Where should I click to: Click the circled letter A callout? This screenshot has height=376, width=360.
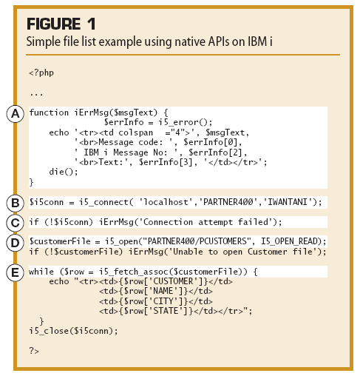click(15, 114)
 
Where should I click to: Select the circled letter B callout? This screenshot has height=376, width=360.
click(15, 203)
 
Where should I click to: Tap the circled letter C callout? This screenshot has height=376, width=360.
click(15, 223)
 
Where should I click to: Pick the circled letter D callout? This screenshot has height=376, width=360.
click(15, 243)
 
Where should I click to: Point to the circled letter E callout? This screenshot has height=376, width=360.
click(15, 272)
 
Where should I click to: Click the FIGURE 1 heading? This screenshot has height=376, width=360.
click(61, 24)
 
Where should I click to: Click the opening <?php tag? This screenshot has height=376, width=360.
click(41, 73)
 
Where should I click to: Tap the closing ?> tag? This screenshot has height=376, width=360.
click(34, 350)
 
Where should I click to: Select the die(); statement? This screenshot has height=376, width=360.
click(64, 172)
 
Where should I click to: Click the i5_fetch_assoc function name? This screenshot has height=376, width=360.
click(134, 272)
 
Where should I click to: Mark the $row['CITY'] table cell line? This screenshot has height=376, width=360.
click(156, 301)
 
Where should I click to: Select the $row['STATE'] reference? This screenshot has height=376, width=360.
click(158, 311)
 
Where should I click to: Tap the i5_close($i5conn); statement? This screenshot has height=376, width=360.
click(74, 331)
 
